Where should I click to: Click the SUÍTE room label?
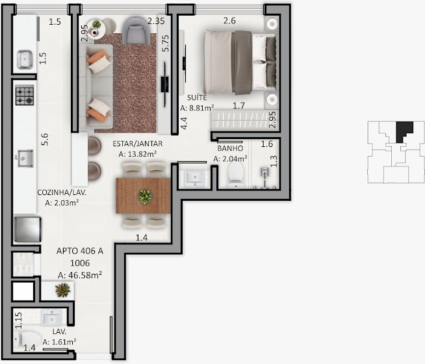click(x=197, y=97)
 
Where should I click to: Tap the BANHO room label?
click(x=230, y=148)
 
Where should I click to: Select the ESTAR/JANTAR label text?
click(x=138, y=144)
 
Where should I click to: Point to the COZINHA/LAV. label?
click(x=62, y=192)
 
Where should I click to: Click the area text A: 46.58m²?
click(x=80, y=275)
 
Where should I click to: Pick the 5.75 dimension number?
click(x=165, y=44)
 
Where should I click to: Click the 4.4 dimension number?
click(x=184, y=123)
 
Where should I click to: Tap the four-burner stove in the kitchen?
click(x=25, y=95)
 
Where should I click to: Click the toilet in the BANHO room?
click(x=235, y=175)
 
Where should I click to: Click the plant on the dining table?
click(x=145, y=196)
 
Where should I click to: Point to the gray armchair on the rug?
click(x=136, y=31)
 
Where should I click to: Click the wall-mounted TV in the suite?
click(x=185, y=64)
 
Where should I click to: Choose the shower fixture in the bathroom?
click(x=264, y=176)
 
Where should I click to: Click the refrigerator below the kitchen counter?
click(x=28, y=229)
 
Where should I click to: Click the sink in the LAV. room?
click(x=51, y=318)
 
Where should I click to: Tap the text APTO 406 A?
click(x=80, y=251)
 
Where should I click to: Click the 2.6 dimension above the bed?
click(x=229, y=21)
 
